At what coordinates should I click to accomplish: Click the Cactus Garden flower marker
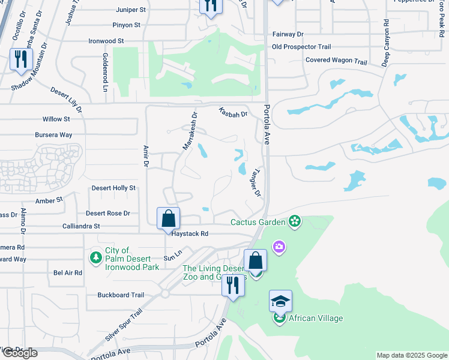pyautogui.click(x=294, y=222)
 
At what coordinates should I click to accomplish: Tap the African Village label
pyautogui.click(x=316, y=318)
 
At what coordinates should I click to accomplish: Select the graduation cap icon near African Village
pyautogui.click(x=279, y=301)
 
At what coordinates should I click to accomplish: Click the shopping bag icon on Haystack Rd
pyautogui.click(x=169, y=218)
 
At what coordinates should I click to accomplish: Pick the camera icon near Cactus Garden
pyautogui.click(x=279, y=246)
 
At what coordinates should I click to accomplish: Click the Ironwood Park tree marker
pyautogui.click(x=95, y=257)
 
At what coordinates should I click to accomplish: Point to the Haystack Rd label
pyautogui.click(x=190, y=234)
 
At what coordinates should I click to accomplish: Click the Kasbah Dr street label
pyautogui.click(x=233, y=112)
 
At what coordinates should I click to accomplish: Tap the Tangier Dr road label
pyautogui.click(x=256, y=182)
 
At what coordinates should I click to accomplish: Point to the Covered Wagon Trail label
pyautogui.click(x=336, y=61)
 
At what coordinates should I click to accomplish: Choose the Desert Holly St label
pyautogui.click(x=113, y=188)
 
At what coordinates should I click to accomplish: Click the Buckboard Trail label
pyautogui.click(x=121, y=295)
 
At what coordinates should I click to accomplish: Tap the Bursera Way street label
pyautogui.click(x=54, y=135)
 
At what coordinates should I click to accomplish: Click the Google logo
pyautogui.click(x=19, y=352)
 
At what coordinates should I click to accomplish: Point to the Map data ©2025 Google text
pyautogui.click(x=412, y=355)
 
